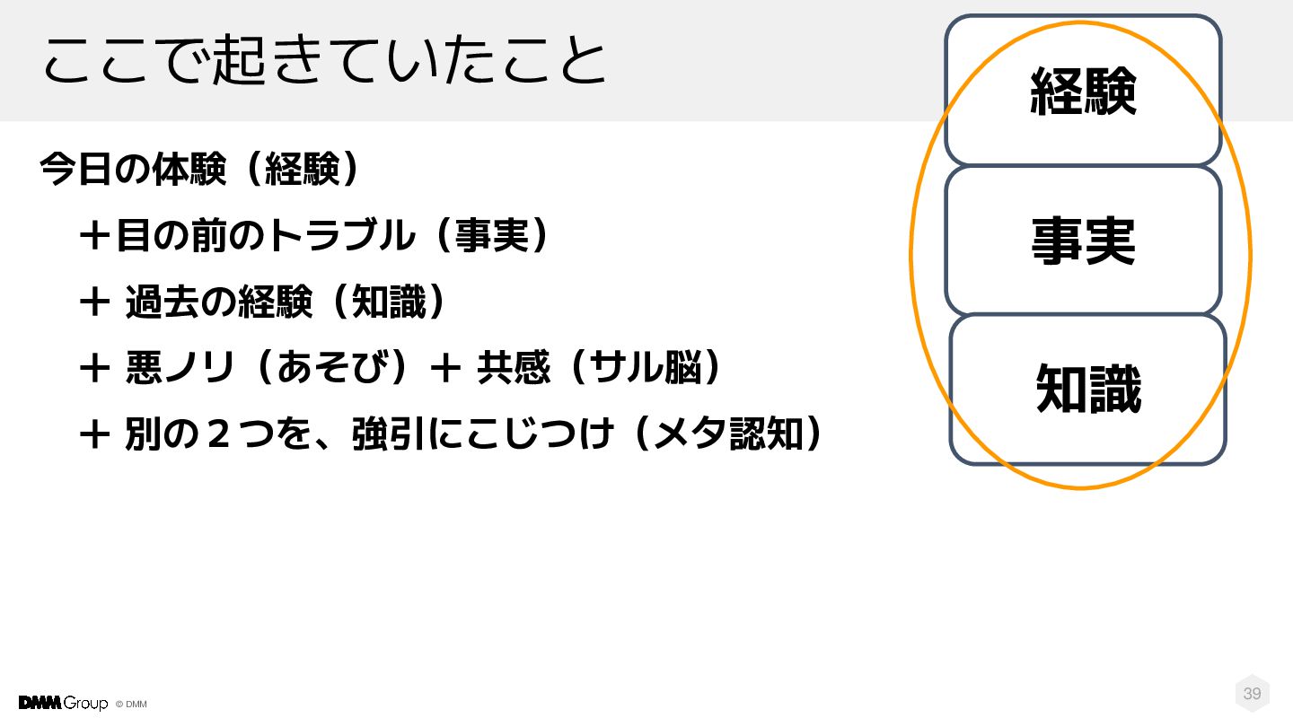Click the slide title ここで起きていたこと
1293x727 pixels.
pos(324,61)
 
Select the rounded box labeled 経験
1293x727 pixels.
pos(1083,91)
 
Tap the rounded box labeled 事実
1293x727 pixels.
pos(1083,241)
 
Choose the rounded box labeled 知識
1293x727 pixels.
pos(1087,390)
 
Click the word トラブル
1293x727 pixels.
pos(342,236)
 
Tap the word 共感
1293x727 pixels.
pos(513,368)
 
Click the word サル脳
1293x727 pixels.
pos(645,368)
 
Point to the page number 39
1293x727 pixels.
pos(1252,694)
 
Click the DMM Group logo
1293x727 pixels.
pos(63,703)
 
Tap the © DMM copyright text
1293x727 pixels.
pos(131,705)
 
